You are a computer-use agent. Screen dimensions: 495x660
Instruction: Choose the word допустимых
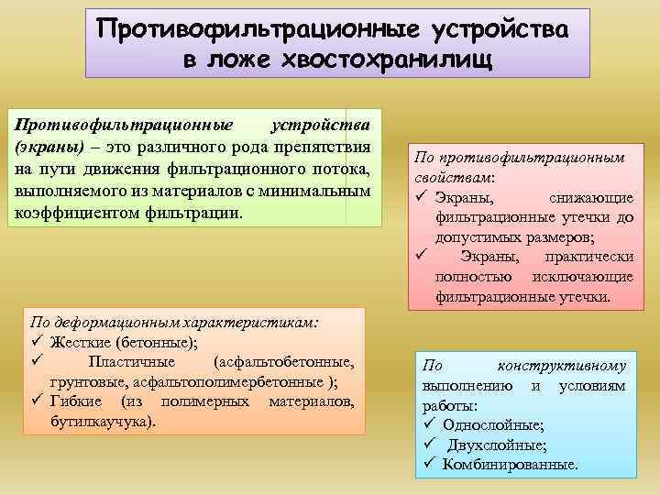click(478, 236)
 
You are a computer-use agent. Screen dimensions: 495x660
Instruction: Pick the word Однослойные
click(492, 424)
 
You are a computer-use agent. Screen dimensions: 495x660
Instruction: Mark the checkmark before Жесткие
click(38, 343)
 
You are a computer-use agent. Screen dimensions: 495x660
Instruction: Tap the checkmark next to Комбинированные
click(429, 464)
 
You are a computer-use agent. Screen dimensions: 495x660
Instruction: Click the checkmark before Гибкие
click(38, 402)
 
